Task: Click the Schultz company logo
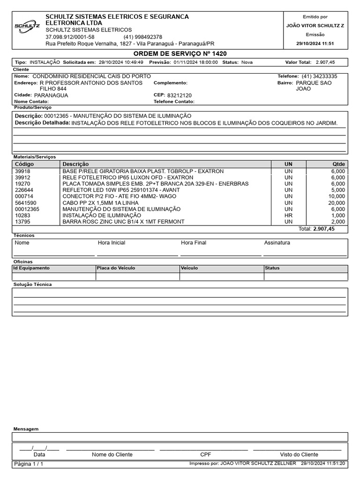coord(27,27)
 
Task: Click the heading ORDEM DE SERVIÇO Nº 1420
coord(180,54)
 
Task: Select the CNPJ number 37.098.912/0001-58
coord(70,37)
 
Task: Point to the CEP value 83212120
coord(179,95)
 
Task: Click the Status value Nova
coord(247,62)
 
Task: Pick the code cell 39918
coord(22,172)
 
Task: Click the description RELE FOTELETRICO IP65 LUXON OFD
coord(127,178)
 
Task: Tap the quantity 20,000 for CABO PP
coord(337,203)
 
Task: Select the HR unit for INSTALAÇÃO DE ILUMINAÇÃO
coord(288,215)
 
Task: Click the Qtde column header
coord(338,164)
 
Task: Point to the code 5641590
coord(25,203)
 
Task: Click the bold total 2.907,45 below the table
coord(324,229)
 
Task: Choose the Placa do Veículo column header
coord(116,268)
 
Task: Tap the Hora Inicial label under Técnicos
coord(112,243)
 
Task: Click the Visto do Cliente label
coord(299,454)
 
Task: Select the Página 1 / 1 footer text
coord(29,464)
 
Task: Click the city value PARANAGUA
coord(51,95)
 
